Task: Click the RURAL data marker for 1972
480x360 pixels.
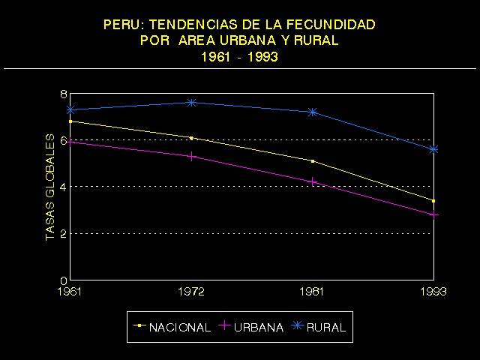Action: (x=191, y=102)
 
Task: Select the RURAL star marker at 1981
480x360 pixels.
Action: (x=313, y=112)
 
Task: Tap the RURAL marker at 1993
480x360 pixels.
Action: (x=433, y=149)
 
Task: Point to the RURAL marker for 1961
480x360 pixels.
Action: (x=70, y=109)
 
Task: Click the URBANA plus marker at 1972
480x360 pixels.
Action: (x=191, y=156)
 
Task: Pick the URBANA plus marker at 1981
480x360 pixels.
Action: (x=313, y=181)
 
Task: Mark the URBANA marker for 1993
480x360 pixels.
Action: (x=433, y=214)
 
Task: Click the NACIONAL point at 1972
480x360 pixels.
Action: (x=191, y=138)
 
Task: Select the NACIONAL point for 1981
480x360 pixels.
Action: (x=313, y=160)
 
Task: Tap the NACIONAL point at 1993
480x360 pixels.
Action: (x=433, y=200)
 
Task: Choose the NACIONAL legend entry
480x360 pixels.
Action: (x=172, y=327)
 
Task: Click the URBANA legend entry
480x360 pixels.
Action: (x=252, y=327)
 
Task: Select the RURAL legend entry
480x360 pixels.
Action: (x=319, y=327)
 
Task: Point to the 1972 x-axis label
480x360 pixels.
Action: (x=191, y=291)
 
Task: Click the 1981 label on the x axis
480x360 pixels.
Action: (x=313, y=291)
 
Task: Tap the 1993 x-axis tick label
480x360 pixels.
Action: (x=433, y=291)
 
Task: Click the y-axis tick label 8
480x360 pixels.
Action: (x=64, y=94)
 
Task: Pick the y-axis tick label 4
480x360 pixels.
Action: (x=64, y=187)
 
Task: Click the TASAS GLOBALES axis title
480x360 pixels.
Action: (x=50, y=187)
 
